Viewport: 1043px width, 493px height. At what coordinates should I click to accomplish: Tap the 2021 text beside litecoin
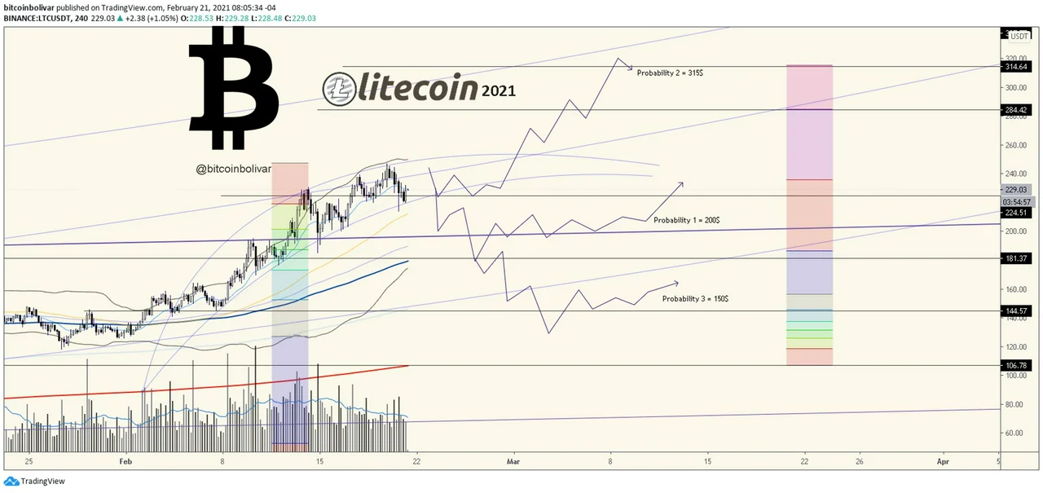pyautogui.click(x=498, y=91)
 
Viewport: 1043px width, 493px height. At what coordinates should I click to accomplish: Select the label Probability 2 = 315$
pyautogui.click(x=670, y=73)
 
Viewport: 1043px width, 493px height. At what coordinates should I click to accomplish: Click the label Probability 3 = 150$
pyautogui.click(x=695, y=299)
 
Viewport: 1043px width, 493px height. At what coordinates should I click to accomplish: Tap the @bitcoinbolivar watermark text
pyautogui.click(x=233, y=169)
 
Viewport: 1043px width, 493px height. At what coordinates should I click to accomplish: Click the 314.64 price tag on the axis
pyautogui.click(x=1019, y=67)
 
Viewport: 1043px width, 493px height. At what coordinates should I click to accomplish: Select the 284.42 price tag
pyautogui.click(x=1019, y=110)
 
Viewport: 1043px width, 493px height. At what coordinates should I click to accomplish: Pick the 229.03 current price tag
pyautogui.click(x=1019, y=189)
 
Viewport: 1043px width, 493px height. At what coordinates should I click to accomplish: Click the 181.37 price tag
pyautogui.click(x=1019, y=259)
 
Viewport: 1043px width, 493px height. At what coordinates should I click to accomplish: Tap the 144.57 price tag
pyautogui.click(x=1019, y=311)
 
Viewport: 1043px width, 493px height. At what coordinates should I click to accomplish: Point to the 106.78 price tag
pyautogui.click(x=1019, y=366)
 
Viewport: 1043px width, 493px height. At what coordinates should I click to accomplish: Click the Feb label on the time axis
pyautogui.click(x=125, y=461)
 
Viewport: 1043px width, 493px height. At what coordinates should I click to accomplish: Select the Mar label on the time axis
pyautogui.click(x=513, y=461)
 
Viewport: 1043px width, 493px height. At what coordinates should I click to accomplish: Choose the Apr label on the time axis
pyautogui.click(x=943, y=461)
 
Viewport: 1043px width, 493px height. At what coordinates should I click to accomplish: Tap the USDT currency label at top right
pyautogui.click(x=1019, y=36)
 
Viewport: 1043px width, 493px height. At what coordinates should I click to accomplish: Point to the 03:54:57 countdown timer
pyautogui.click(x=1019, y=201)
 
